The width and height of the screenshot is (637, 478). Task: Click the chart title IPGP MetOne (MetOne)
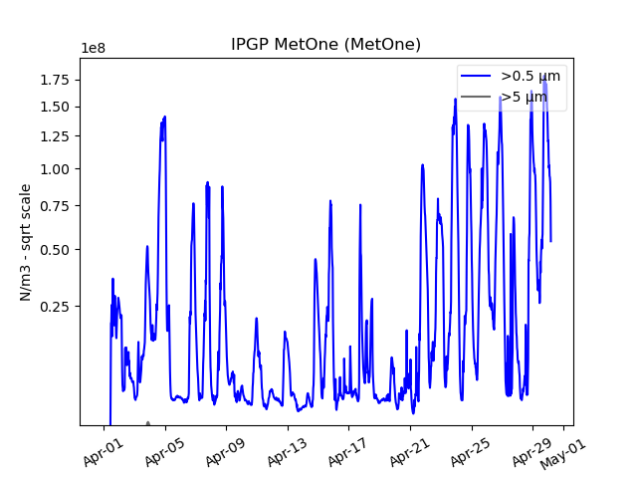325,45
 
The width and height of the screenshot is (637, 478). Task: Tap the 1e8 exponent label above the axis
95,49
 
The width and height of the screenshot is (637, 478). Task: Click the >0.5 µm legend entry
530,76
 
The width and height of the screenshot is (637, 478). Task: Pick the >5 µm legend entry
524,97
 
